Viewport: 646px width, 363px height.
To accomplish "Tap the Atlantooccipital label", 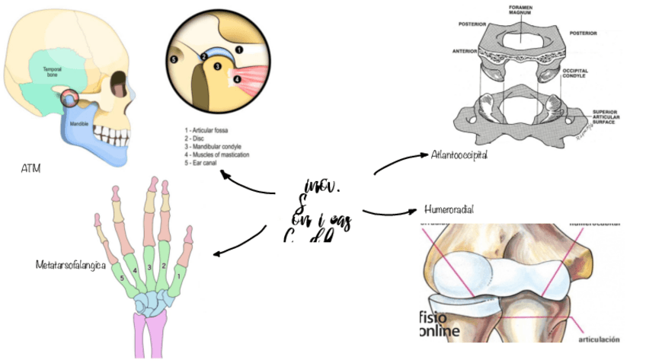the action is tap(459, 154).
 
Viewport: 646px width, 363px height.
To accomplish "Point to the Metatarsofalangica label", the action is tap(70, 266).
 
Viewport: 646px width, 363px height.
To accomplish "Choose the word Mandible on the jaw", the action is tap(78, 123).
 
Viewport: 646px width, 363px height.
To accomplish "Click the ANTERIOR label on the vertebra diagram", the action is tap(465, 52).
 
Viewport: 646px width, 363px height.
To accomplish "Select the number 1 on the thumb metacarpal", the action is tap(179, 277).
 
